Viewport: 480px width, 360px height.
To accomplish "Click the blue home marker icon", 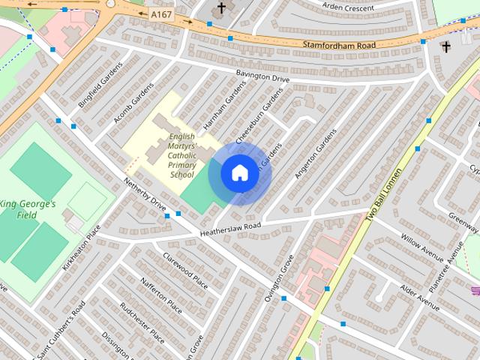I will tap(239, 173).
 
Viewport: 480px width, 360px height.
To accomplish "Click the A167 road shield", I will tap(160, 13).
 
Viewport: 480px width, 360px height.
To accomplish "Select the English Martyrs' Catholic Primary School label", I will tap(181, 155).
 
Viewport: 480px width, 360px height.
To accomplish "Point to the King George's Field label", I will tap(28, 209).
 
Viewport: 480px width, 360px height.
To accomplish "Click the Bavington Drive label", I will tap(262, 76).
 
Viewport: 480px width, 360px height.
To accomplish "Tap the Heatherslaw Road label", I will tap(230, 229).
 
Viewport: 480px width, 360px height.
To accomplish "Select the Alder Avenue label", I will tap(419, 297).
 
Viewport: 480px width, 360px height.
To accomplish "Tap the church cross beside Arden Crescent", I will tap(221, 8).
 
